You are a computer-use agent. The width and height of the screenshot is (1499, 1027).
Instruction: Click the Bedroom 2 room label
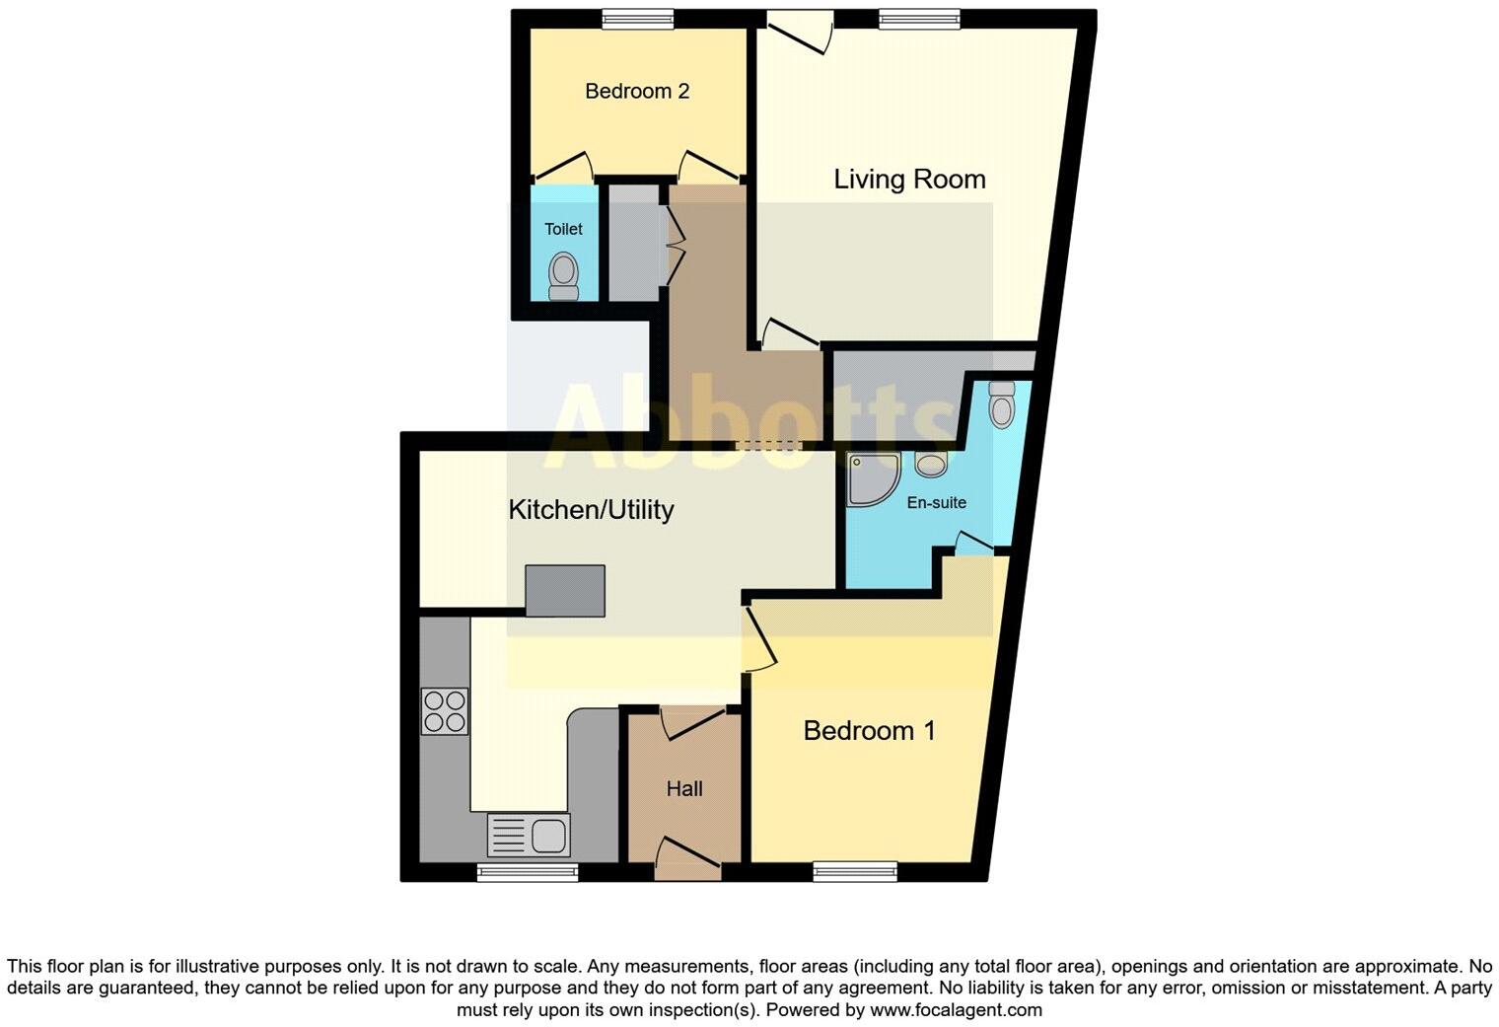(x=636, y=92)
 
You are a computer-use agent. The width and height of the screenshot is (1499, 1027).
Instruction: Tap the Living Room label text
(x=909, y=180)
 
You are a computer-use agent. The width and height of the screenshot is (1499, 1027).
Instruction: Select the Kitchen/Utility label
(x=591, y=510)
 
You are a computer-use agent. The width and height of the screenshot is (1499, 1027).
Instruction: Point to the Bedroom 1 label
(x=869, y=731)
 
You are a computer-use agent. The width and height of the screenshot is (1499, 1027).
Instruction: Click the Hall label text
(x=684, y=789)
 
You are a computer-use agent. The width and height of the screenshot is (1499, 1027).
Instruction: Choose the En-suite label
(x=936, y=503)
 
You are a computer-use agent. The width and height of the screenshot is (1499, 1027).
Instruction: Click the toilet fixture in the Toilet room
(x=564, y=274)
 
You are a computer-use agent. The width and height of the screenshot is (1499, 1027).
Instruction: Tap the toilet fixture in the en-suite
(x=1001, y=404)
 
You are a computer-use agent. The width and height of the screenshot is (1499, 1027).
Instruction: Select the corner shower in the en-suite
(x=871, y=478)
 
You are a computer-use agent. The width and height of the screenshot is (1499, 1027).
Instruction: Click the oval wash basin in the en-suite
(x=931, y=464)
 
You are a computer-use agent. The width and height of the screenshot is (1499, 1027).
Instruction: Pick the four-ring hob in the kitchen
(x=445, y=711)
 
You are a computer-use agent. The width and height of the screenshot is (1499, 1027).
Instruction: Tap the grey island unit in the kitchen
(x=565, y=590)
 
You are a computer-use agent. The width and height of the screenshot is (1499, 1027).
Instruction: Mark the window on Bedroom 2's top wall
(x=638, y=18)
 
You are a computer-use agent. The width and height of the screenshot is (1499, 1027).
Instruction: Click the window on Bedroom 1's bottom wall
(x=855, y=871)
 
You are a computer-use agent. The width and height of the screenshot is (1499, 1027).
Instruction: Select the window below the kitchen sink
(x=528, y=871)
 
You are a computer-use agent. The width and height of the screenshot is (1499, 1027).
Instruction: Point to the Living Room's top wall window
(x=919, y=18)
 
